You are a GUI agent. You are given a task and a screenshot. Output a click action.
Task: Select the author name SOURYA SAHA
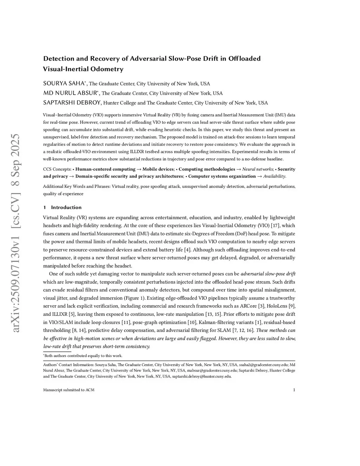(64, 83)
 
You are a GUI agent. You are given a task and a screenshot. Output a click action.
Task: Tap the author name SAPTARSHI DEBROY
(72, 103)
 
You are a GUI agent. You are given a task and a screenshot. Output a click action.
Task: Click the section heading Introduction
(66, 208)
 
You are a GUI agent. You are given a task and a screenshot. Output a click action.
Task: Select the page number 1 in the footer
(294, 390)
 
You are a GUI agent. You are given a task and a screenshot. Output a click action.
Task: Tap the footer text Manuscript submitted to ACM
(69, 390)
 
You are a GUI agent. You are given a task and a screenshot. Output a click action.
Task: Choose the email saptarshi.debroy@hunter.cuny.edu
(201, 376)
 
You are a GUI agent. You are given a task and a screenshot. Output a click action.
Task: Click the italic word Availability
(274, 176)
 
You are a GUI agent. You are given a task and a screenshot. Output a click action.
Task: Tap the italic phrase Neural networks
(257, 169)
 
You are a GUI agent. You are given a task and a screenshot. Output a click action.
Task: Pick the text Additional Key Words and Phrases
(76, 186)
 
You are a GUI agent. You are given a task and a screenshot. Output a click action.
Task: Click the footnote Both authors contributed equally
(83, 356)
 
